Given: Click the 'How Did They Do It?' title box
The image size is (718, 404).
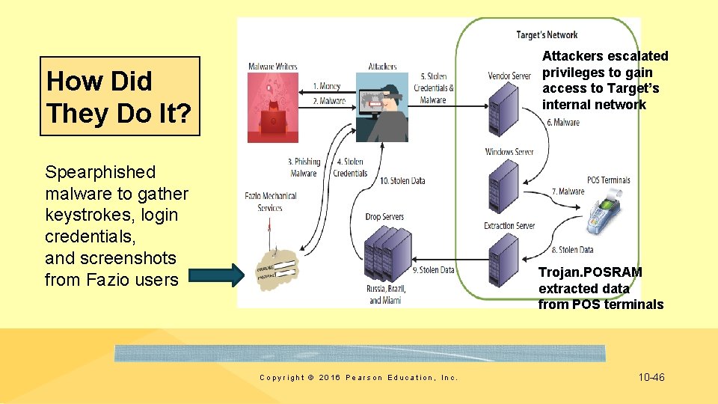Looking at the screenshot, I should tap(120, 97).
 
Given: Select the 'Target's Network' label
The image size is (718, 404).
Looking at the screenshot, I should tap(547, 34).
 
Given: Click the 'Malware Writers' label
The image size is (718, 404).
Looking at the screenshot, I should tap(272, 67).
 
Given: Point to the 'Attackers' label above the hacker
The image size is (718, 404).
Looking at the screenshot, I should tap(382, 67).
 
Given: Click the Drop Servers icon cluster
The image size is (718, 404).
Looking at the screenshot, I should tap(384, 254).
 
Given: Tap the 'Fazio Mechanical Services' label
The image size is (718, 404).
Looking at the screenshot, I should tap(270, 201).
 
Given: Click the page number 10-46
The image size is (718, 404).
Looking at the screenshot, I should tap(651, 377).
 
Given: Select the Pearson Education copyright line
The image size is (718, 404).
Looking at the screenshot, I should tap(358, 378).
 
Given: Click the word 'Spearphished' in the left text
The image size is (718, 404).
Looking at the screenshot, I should tap(100, 172).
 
